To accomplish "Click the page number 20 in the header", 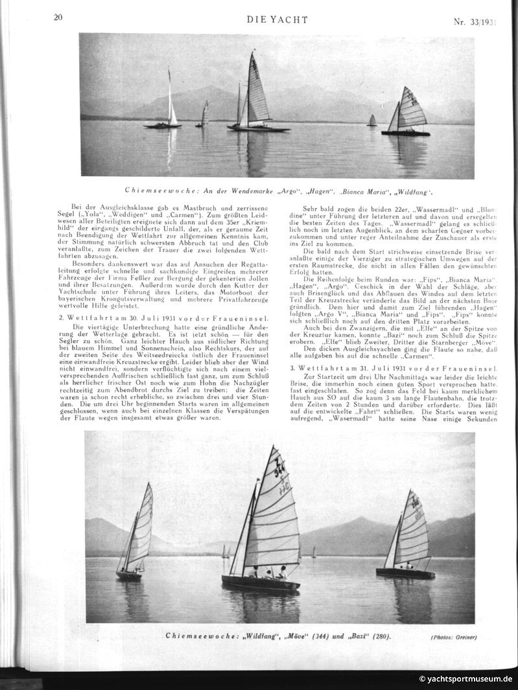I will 58,17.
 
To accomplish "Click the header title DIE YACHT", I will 277,20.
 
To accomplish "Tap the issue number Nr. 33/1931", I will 475,21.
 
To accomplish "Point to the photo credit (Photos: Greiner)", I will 453,638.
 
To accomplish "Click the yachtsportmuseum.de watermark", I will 465,679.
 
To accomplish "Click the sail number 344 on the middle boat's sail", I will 279,468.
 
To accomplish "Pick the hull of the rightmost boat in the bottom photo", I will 405,573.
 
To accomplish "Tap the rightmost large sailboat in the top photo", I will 408,113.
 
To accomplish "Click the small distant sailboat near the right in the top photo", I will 371,121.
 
